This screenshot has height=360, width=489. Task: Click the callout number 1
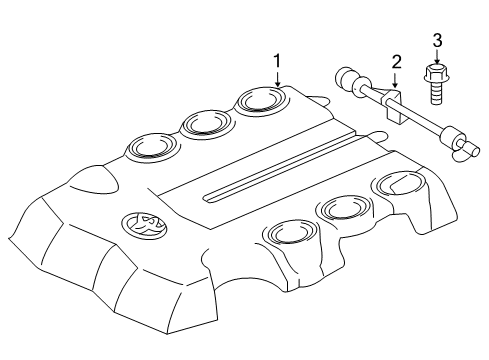(x=278, y=62)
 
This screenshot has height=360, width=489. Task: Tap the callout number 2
(x=396, y=63)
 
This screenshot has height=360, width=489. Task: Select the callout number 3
(x=437, y=41)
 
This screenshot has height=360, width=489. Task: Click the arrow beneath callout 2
(x=396, y=83)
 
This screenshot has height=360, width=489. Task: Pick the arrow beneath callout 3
(x=437, y=58)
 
